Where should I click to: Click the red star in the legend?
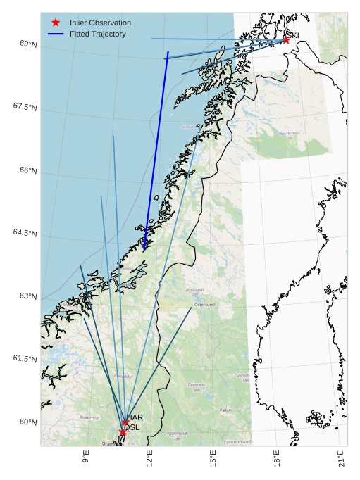click(x=56, y=23)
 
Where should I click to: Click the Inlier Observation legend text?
click(x=100, y=23)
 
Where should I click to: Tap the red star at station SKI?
click(x=285, y=40)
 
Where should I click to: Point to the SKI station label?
click(x=291, y=35)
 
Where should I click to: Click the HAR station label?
click(x=135, y=417)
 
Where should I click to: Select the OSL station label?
click(x=132, y=427)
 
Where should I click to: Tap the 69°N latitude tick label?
click(x=28, y=44)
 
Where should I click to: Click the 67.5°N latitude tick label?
click(x=25, y=106)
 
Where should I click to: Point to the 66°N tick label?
click(x=28, y=170)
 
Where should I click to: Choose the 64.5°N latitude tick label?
click(x=25, y=233)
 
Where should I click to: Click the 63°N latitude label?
click(x=28, y=296)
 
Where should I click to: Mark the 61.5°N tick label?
click(x=25, y=358)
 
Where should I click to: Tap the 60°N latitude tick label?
click(x=28, y=422)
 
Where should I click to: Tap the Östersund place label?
click(x=204, y=305)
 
